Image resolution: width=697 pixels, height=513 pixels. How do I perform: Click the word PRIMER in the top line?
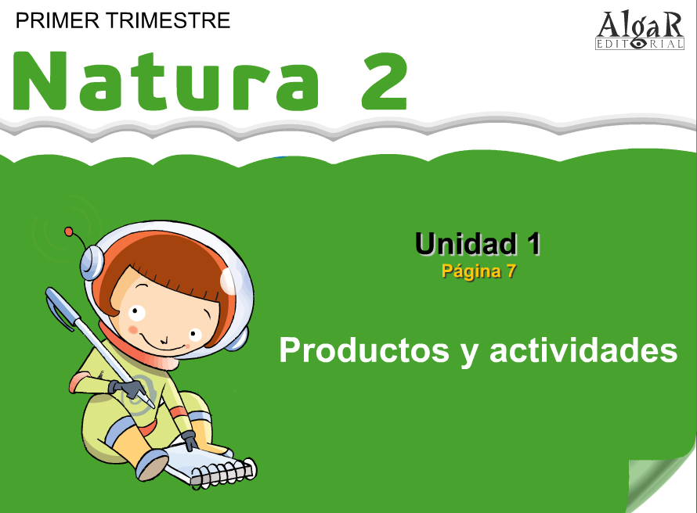(57, 20)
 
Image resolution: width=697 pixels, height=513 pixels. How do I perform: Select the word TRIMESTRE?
(168, 20)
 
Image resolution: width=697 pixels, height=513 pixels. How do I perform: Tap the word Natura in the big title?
(165, 81)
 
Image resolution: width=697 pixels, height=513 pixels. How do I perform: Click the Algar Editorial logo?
(639, 30)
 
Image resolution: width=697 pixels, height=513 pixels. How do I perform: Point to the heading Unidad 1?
(478, 244)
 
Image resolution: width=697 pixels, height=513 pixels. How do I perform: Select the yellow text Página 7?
(479, 271)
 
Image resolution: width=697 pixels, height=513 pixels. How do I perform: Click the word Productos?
(364, 350)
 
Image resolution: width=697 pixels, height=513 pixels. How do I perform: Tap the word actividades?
(583, 350)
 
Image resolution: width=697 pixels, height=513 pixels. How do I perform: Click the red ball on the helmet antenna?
(68, 231)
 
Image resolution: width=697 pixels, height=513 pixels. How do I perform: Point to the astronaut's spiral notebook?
(209, 465)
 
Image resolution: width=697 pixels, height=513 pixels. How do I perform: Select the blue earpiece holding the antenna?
(92, 263)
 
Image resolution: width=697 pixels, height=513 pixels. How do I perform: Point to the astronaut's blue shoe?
(153, 465)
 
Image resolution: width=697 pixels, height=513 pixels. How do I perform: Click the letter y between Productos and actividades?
(470, 354)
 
